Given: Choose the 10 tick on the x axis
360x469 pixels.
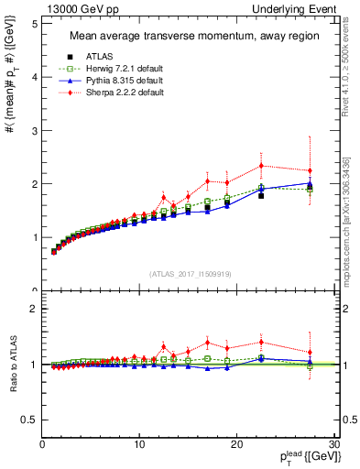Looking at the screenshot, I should click(x=139, y=445).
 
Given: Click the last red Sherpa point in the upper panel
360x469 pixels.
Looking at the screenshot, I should click(x=310, y=170).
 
